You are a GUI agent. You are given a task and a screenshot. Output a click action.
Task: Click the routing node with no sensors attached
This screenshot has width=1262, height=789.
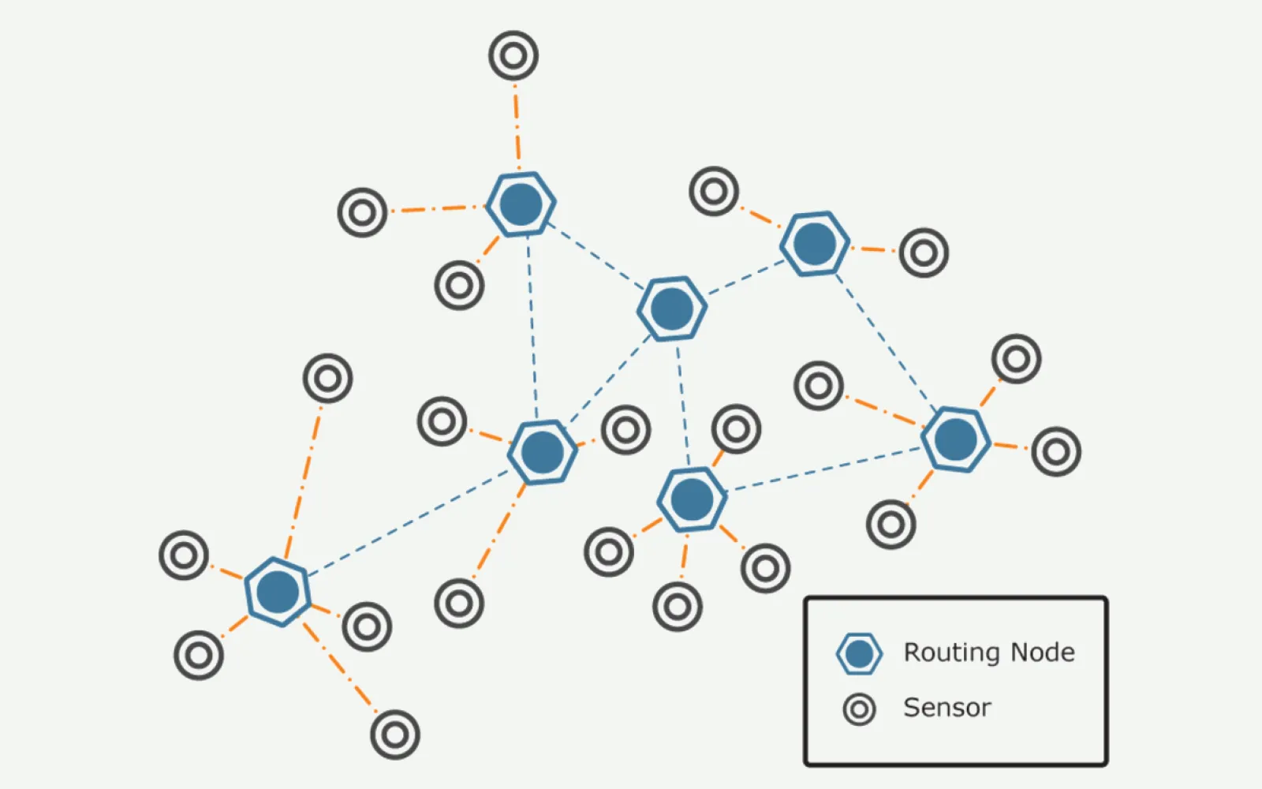671,308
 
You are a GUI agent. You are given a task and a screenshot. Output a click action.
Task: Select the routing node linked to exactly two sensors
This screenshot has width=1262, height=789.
815,243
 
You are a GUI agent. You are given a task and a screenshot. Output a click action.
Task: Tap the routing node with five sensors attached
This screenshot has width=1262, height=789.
277,592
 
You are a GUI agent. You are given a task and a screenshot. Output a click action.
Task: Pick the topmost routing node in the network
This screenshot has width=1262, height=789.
521,204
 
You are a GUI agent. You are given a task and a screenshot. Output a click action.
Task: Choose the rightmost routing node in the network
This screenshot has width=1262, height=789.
955,439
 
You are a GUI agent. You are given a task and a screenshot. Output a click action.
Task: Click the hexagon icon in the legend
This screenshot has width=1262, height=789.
858,653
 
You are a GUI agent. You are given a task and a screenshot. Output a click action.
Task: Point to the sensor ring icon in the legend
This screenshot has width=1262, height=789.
859,709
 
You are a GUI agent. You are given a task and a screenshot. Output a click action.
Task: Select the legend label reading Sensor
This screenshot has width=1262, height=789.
946,708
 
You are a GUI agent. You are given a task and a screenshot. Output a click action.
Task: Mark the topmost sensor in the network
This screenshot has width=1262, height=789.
513,55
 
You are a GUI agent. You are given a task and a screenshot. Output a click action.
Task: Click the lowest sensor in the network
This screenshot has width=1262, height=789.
394,735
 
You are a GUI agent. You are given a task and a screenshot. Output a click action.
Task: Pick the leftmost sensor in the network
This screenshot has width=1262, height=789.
184,555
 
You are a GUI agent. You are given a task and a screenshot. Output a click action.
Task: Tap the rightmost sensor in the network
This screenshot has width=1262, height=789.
1055,451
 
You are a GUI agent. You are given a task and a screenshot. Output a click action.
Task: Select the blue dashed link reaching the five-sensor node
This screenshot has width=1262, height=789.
409,522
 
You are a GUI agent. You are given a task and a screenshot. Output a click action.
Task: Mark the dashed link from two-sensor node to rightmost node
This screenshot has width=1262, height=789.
886,341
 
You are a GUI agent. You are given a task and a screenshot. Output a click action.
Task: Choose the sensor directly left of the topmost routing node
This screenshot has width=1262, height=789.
362,212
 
